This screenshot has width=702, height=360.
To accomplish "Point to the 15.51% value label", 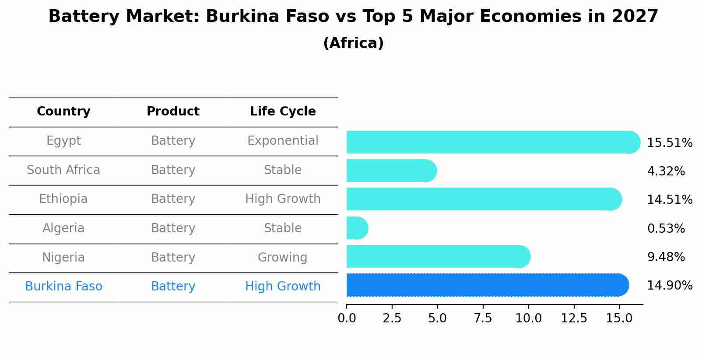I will (669, 143).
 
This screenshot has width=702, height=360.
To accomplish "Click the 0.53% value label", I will (666, 229).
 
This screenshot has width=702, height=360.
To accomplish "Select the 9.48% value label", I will (666, 257).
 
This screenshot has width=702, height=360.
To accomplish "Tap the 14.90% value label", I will (669, 286).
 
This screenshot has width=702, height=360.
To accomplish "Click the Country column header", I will (63, 112).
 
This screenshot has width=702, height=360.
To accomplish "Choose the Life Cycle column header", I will (283, 112).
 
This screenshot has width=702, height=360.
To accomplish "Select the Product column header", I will (173, 112).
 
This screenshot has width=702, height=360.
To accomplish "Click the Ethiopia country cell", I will (63, 199).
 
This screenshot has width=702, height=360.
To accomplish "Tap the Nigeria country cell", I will (63, 257).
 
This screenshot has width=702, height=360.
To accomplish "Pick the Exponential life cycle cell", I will (283, 141).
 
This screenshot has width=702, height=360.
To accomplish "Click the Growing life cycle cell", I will (282, 257).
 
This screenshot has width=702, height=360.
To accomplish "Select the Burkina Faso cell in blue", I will (63, 287).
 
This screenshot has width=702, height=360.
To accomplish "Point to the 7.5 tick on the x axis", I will (483, 318).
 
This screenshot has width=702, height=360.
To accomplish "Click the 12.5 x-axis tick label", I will (574, 318).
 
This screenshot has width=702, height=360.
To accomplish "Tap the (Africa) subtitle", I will (353, 43).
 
